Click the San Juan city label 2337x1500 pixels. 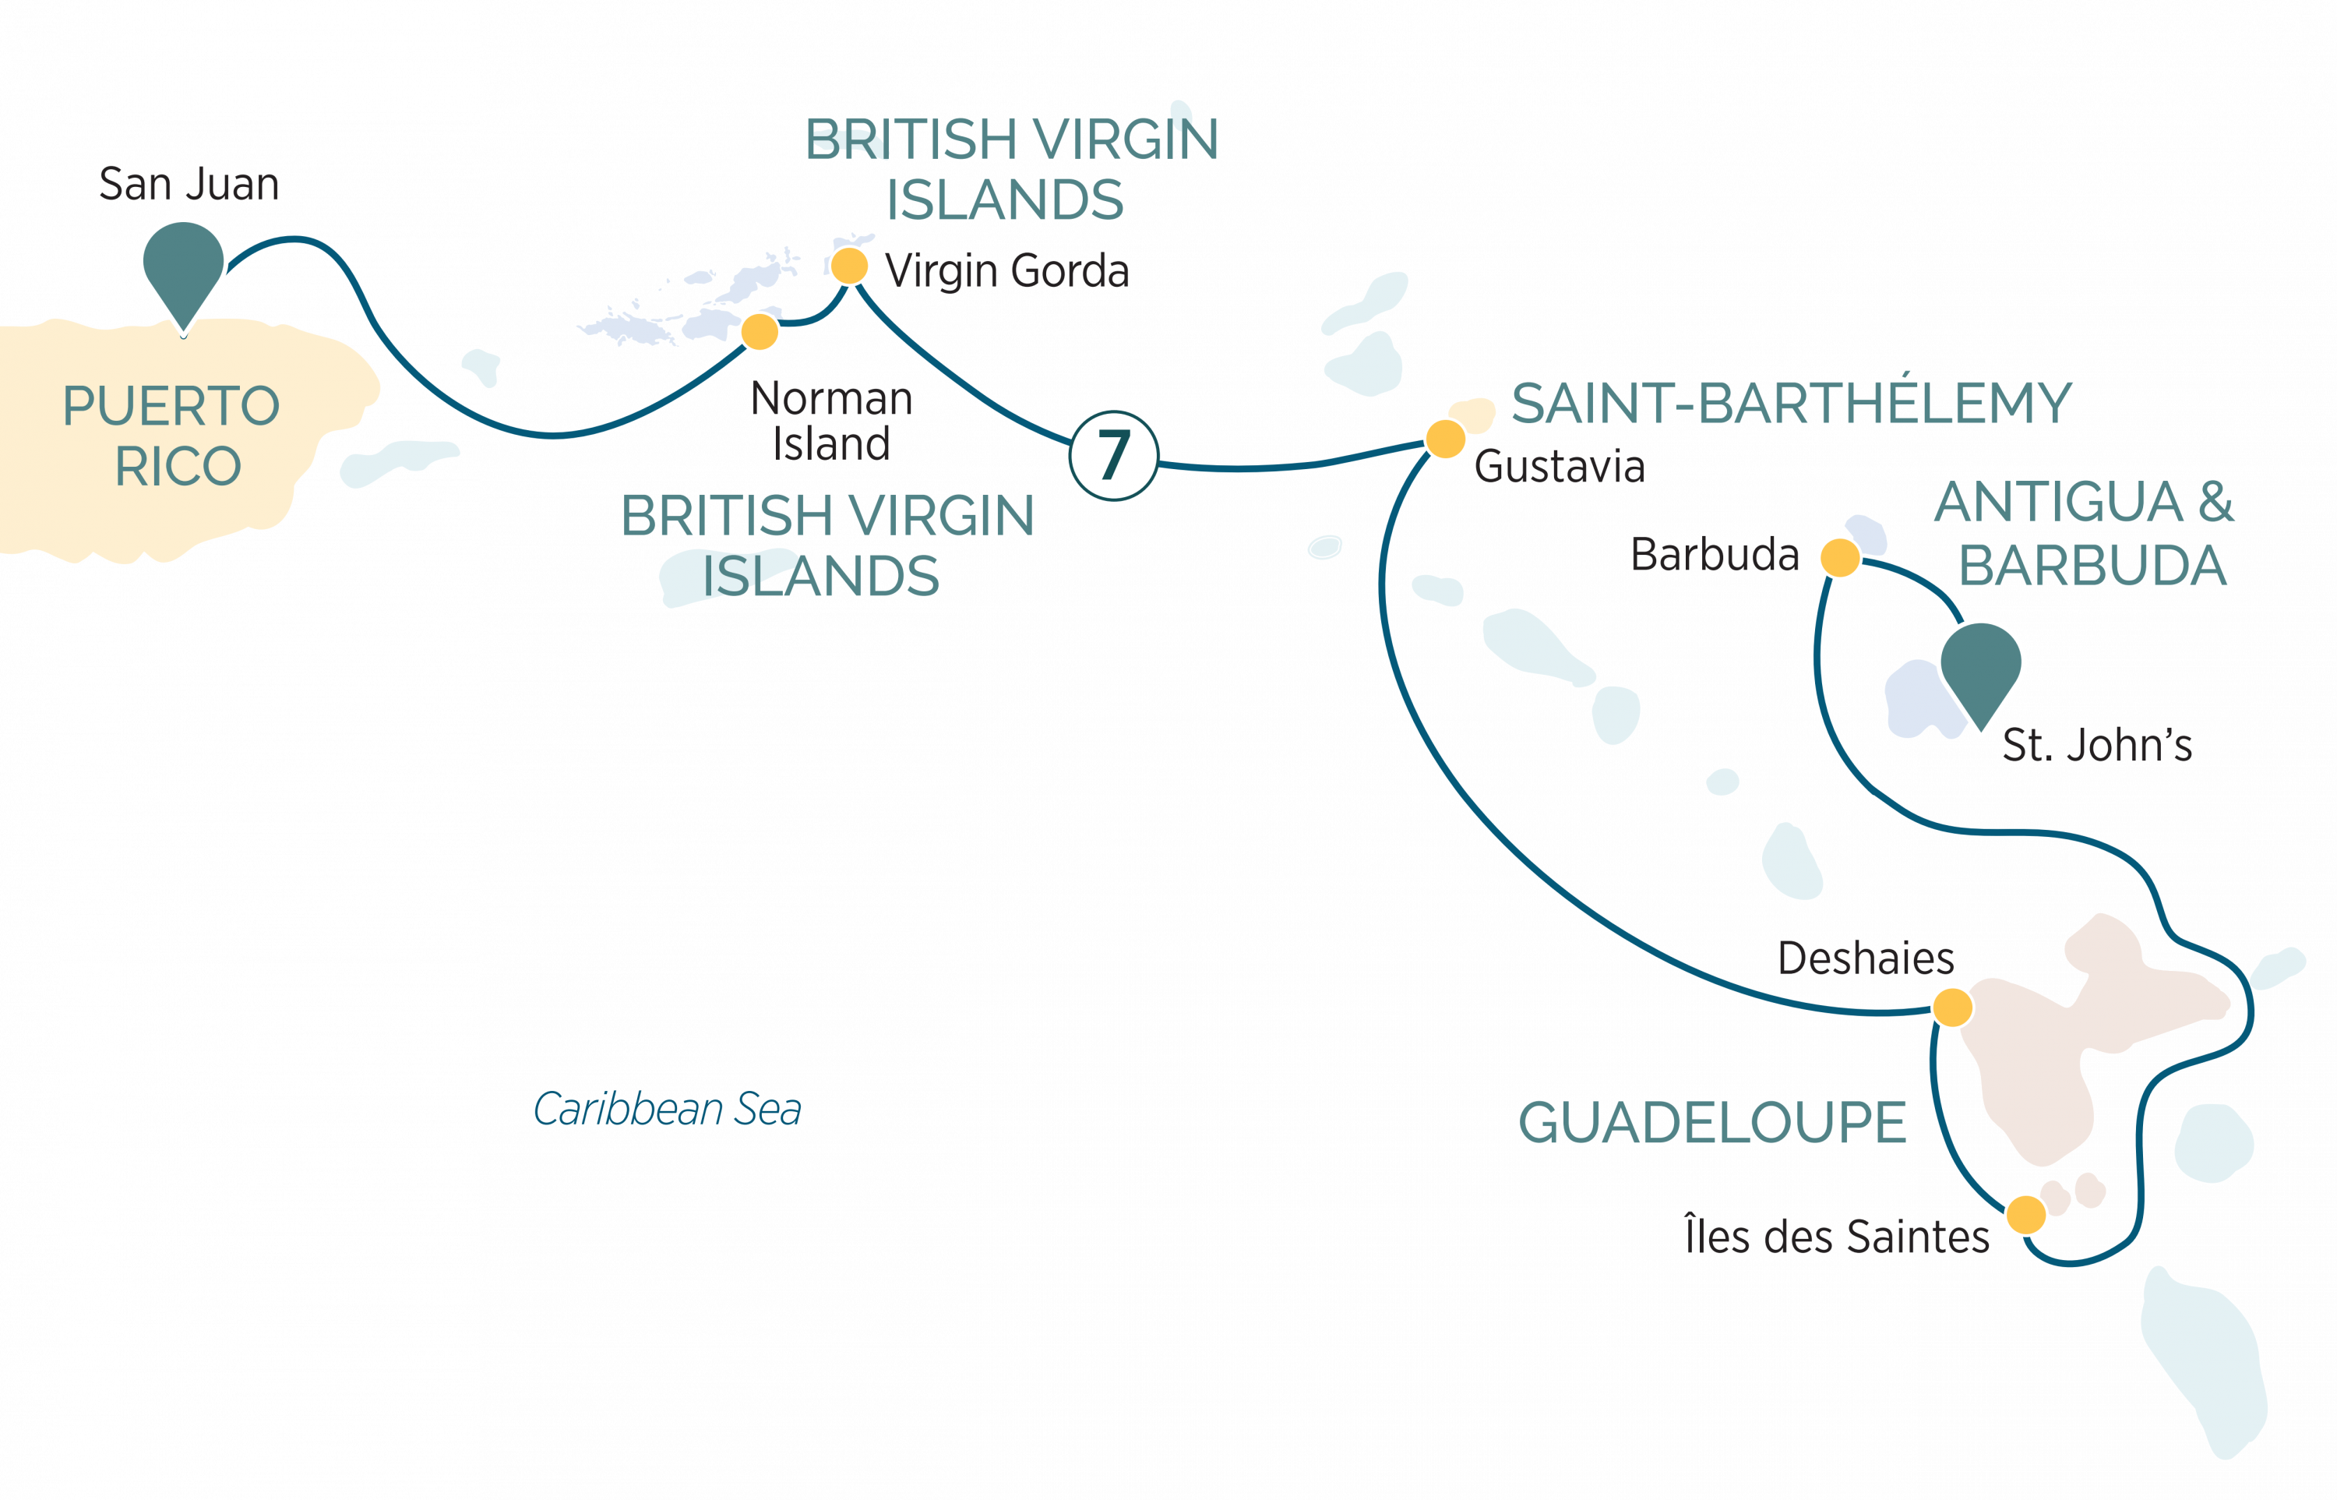[189, 184]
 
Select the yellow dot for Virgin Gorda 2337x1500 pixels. [849, 265]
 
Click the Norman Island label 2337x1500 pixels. [832, 421]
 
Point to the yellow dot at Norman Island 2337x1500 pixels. [760, 331]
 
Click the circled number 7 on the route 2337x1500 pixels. [1114, 455]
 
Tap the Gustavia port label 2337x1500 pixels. [1559, 467]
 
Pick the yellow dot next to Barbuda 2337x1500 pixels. [1840, 557]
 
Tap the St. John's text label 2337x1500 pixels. [2096, 745]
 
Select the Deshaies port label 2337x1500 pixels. [1866, 958]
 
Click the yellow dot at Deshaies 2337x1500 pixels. [1952, 1007]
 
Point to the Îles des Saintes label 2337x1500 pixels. [1837, 1235]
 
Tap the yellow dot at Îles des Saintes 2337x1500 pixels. [2025, 1215]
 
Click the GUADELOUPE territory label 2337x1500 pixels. [1712, 1122]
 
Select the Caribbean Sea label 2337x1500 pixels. [667, 1108]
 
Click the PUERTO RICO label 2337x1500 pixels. [171, 436]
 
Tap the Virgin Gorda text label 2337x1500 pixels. [1006, 272]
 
